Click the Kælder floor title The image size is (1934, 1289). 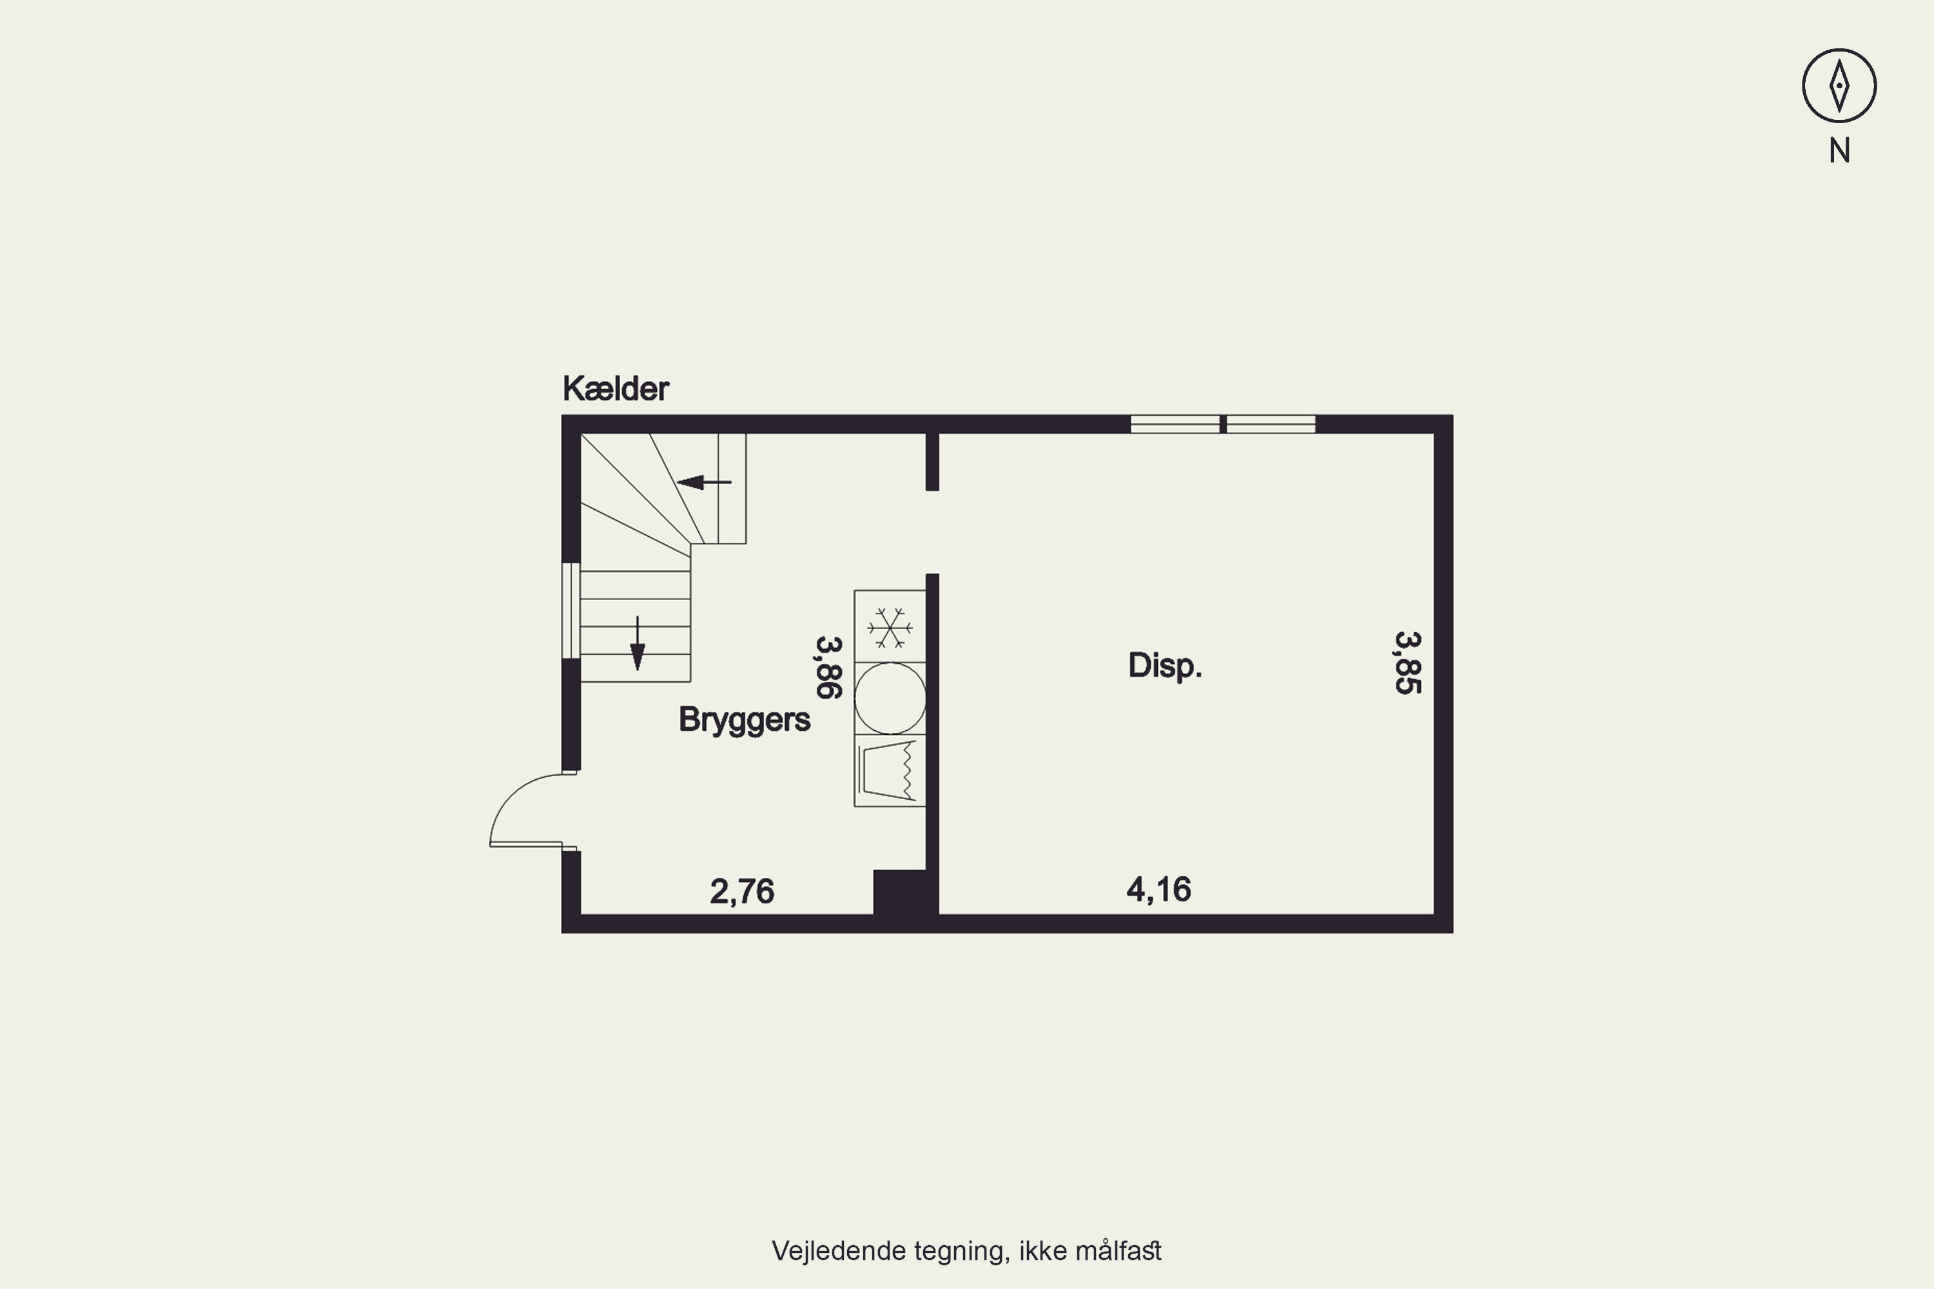pos(615,389)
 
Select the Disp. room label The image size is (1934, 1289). pos(1164,666)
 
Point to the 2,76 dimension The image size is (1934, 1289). pos(742,892)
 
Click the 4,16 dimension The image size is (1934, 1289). pos(1158,889)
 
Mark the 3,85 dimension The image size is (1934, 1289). pos(1408,663)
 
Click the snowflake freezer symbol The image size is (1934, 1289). pos(890,627)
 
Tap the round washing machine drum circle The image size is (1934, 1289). pos(890,698)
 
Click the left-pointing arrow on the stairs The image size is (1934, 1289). pos(704,481)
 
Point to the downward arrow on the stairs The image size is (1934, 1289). pos(638,643)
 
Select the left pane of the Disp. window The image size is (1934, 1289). pos(1175,424)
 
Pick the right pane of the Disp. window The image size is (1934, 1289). pos(1271,424)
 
